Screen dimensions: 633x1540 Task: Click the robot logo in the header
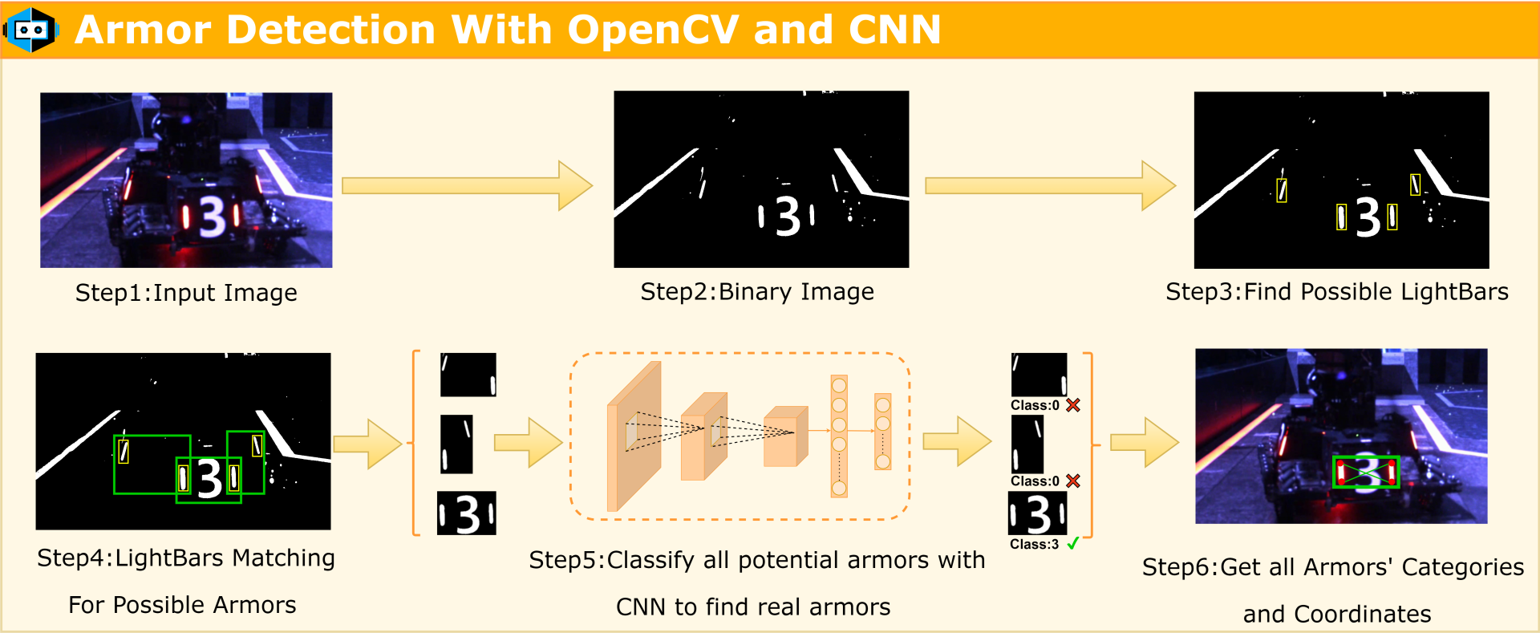tap(31, 30)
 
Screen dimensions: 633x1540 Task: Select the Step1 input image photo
tap(186, 180)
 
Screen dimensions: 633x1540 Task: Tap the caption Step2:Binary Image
tap(756, 291)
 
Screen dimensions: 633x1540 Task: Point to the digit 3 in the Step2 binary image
tap(788, 216)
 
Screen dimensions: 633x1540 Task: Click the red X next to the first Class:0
tap(1073, 405)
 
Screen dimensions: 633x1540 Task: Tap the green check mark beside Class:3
tap(1073, 544)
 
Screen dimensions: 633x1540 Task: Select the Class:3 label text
tap(1034, 544)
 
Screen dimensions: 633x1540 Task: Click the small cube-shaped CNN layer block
tap(785, 436)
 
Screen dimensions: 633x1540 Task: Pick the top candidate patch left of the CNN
tap(468, 375)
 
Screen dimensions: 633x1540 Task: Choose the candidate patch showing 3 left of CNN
tap(467, 513)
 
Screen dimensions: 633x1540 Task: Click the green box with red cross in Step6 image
tap(1366, 472)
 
